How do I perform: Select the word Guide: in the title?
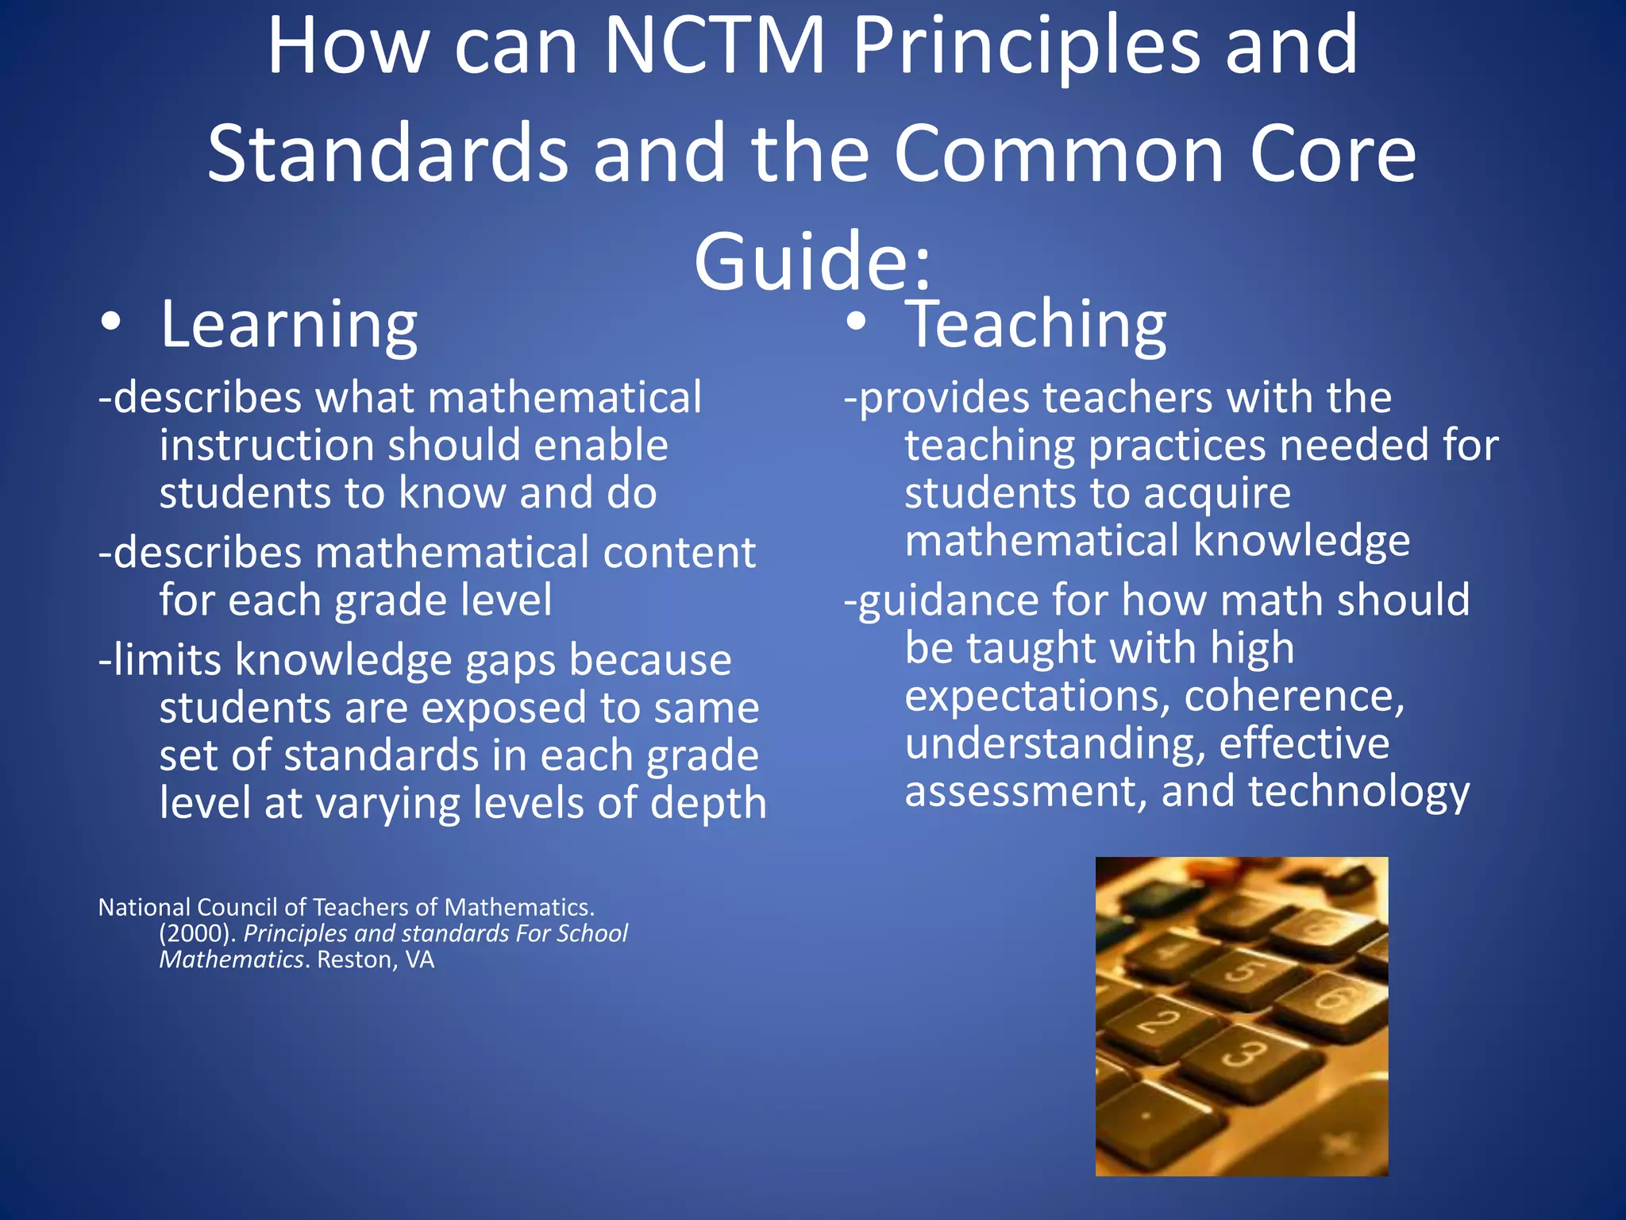click(812, 261)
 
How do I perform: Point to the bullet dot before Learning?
click(111, 322)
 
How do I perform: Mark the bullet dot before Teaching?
click(856, 322)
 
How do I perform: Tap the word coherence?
click(1294, 696)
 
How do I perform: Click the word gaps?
click(511, 660)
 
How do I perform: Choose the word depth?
click(709, 803)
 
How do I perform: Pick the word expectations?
click(1038, 696)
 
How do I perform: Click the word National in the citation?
click(144, 907)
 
